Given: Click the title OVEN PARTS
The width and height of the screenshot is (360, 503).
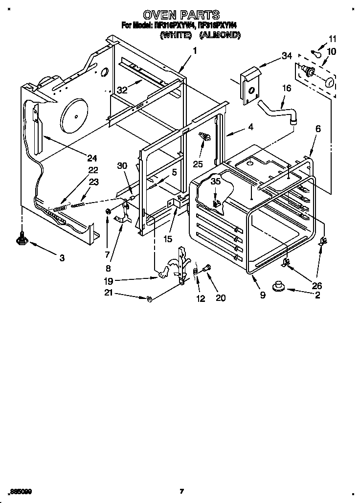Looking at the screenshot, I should click(x=180, y=15).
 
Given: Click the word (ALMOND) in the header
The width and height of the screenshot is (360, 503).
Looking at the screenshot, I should click(x=220, y=35).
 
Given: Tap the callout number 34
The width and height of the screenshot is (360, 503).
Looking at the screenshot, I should click(x=286, y=56).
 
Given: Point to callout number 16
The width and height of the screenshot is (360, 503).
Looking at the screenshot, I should click(x=286, y=88).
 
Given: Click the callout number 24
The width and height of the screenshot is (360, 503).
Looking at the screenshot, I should click(x=92, y=158).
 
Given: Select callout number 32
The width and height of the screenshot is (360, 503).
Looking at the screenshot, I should click(x=122, y=90).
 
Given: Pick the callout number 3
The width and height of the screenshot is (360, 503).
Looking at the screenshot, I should click(x=62, y=258).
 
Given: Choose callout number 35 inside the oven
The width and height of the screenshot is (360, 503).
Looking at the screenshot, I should click(x=215, y=182).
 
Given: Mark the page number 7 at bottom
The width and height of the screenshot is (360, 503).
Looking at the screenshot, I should click(x=181, y=491).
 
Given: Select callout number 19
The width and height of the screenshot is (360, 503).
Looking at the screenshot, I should click(x=109, y=281).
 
